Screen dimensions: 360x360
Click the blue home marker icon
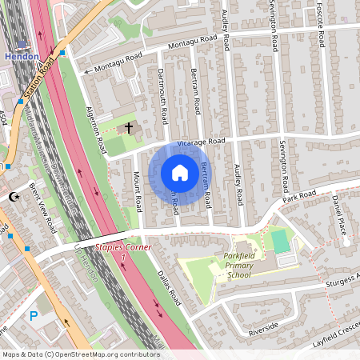[x=179, y=173]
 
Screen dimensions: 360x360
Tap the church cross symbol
[x=129, y=128]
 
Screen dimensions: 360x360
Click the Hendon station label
[x=21, y=57]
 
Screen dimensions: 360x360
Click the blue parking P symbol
[x=34, y=317]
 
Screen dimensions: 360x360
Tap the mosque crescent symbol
[x=13, y=196]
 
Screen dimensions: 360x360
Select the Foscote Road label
[x=320, y=24]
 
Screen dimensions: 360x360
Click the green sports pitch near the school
[x=280, y=238]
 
